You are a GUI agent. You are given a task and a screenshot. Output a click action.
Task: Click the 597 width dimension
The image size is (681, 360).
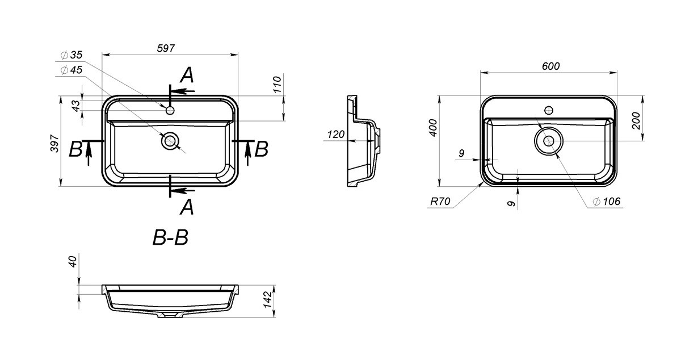[x=166, y=48]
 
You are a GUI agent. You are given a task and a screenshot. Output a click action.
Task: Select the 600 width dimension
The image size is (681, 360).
[x=550, y=66]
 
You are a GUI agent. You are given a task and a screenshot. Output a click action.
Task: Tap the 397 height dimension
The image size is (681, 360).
[x=54, y=143]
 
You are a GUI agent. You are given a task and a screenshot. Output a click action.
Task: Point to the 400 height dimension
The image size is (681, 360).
[x=433, y=128]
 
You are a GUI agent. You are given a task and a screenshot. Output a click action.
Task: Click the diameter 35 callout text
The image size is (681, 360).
[x=72, y=55]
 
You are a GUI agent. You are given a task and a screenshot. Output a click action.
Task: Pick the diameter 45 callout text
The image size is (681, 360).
[x=72, y=70]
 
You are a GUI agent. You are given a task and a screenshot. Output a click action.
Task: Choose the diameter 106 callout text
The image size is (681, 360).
[x=606, y=201]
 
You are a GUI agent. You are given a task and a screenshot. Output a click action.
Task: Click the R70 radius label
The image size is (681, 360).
[x=440, y=201]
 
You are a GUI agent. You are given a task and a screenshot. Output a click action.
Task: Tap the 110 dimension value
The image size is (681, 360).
[x=278, y=85]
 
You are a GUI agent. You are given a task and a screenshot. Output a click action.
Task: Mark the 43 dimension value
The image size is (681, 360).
[x=75, y=105]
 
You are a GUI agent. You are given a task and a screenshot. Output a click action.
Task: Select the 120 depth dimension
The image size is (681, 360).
[x=336, y=134]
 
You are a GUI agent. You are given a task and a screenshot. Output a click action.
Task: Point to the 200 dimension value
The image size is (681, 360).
[x=636, y=120]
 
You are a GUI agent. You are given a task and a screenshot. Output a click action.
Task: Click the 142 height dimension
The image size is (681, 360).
[x=267, y=300]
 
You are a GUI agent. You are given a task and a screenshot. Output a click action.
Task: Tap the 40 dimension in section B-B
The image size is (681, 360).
[x=73, y=262]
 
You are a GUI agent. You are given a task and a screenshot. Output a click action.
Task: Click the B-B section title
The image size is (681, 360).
[x=170, y=238]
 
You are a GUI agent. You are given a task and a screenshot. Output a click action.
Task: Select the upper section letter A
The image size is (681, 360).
[x=187, y=75]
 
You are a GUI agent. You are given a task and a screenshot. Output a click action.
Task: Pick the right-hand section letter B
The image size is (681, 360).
[x=261, y=149]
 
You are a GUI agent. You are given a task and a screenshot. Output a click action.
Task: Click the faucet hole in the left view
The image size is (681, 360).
[x=170, y=110]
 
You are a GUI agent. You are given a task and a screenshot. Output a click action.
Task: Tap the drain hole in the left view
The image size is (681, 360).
[x=170, y=141]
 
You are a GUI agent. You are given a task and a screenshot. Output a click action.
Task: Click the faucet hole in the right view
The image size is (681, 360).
[x=549, y=110]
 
